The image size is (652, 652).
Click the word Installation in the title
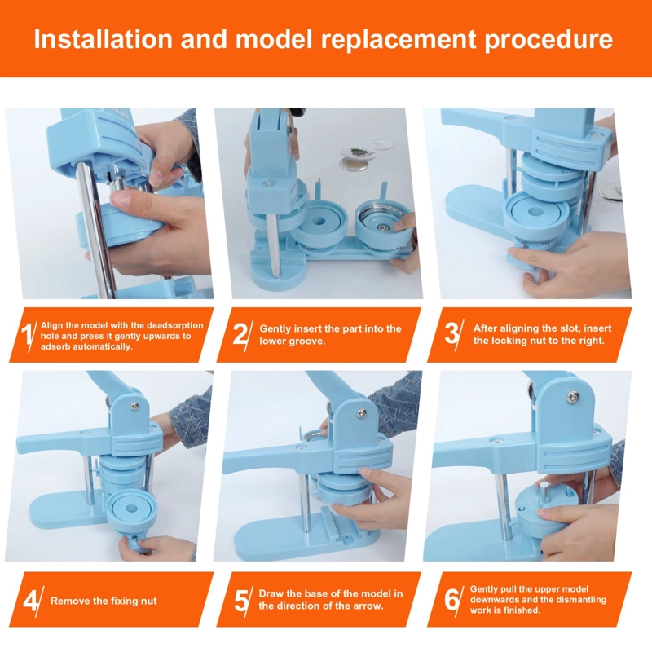coord(104,39)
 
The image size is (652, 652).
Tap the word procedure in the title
coord(548,40)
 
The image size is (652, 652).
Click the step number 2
coord(240,333)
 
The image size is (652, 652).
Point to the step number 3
coord(452,333)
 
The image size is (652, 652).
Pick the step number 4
coord(30,600)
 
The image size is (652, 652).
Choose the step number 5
coord(241,600)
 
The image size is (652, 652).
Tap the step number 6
coord(452,599)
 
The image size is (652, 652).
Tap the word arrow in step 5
coord(368,606)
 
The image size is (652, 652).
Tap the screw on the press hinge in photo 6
coord(574,397)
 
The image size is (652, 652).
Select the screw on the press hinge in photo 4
coord(134,406)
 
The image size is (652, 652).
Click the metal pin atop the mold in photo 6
coord(544,494)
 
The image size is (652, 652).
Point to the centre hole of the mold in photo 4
coord(131,509)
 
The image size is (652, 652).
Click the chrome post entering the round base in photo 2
coord(274,245)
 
